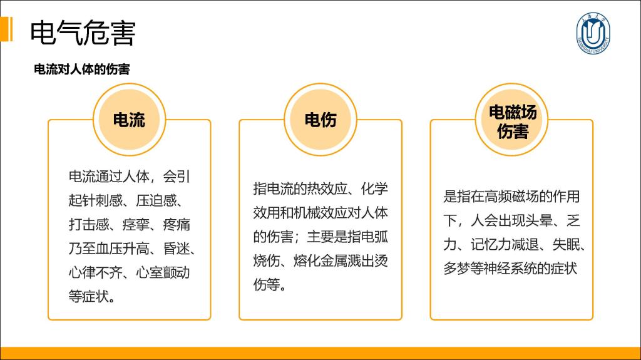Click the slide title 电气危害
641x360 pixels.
pos(83,33)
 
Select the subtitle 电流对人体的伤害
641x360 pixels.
pos(82,69)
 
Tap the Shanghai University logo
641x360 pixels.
pos(593,33)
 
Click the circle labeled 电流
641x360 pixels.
pos(129,120)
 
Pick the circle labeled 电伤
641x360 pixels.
pos(320,120)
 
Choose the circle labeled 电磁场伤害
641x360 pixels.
pos(512,120)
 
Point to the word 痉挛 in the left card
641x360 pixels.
pos(136,225)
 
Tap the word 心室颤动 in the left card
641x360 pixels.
pos(163,272)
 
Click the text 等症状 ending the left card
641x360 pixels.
pos(89,296)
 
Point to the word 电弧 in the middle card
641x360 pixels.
pos(374,237)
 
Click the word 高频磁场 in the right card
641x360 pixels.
pos(511,197)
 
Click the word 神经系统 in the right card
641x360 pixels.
pos(511,269)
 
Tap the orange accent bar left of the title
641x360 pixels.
pos(6,29)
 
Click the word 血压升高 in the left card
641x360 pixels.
pos(122,249)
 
